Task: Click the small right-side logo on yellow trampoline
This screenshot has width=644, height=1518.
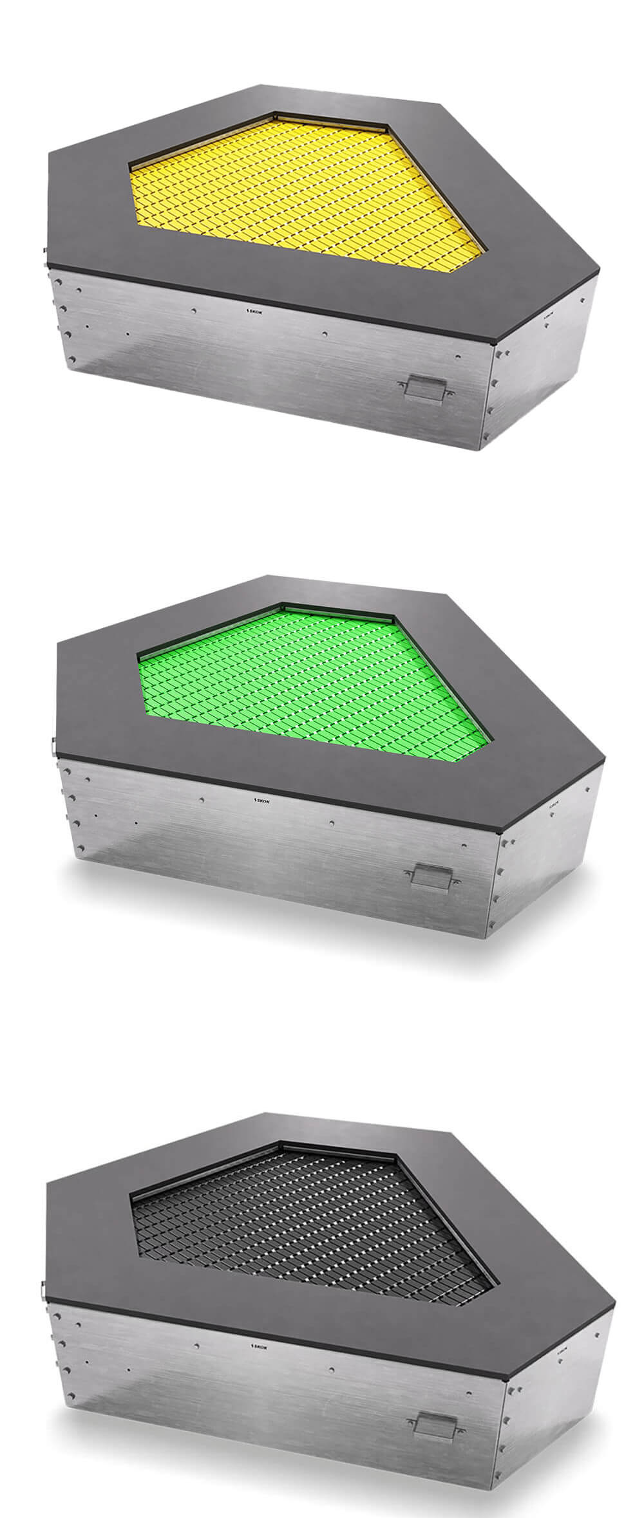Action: click(549, 316)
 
